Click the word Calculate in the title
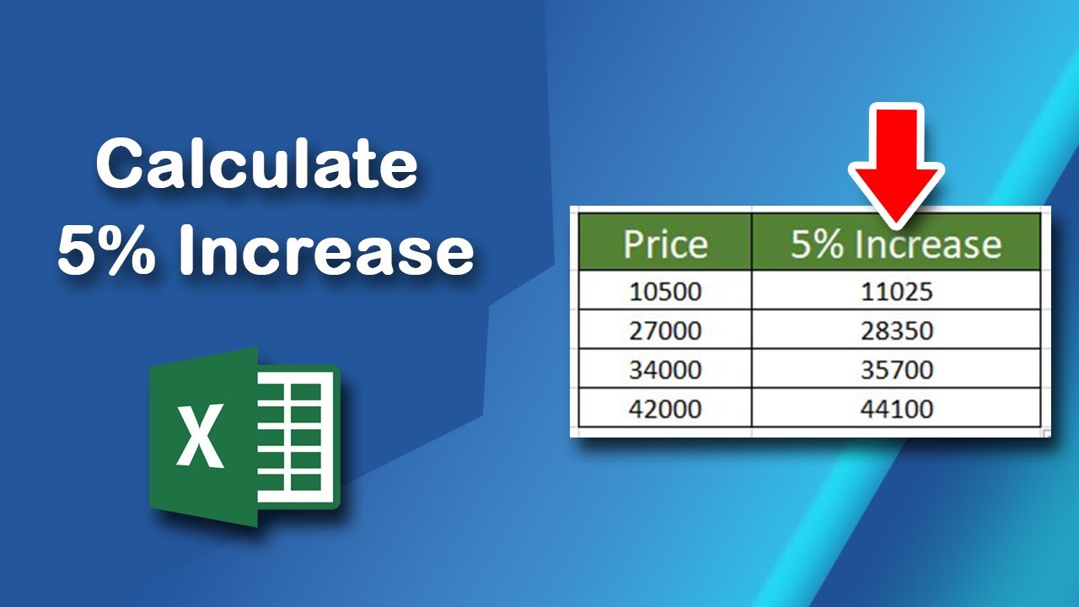(x=257, y=165)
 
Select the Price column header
(x=664, y=243)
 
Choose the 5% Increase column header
(x=895, y=243)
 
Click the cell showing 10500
(x=664, y=292)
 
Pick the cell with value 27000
(x=664, y=330)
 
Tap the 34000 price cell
(x=664, y=369)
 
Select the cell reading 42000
(x=664, y=408)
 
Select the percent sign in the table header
(x=829, y=244)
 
